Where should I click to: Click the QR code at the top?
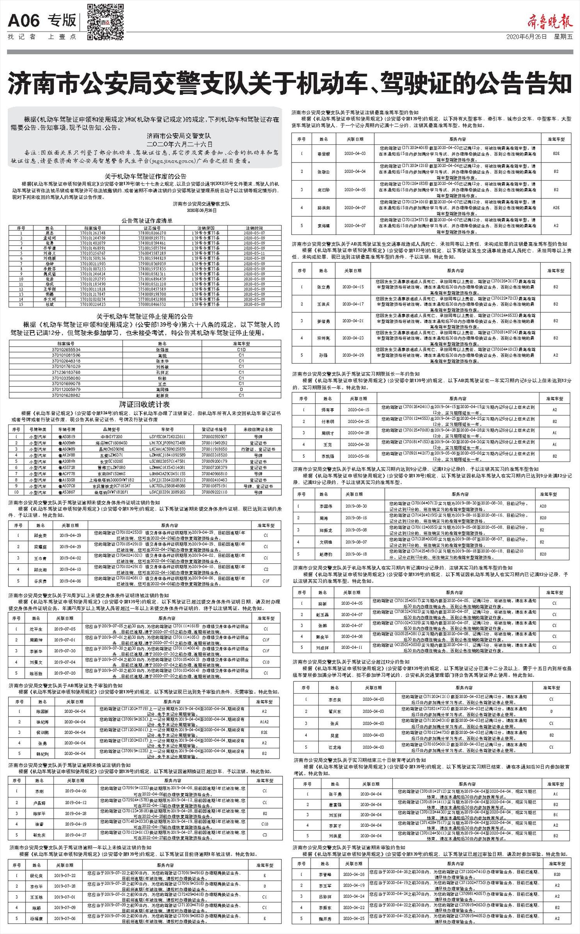(105, 22)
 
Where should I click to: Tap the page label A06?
(24, 21)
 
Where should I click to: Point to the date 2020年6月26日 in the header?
(527, 37)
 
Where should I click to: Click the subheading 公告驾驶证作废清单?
(147, 221)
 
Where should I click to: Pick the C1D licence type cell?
(241, 349)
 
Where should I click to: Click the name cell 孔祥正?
(162, 372)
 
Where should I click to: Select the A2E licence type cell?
(556, 207)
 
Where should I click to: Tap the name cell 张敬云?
(324, 171)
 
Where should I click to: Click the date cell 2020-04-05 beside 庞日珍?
(355, 190)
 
